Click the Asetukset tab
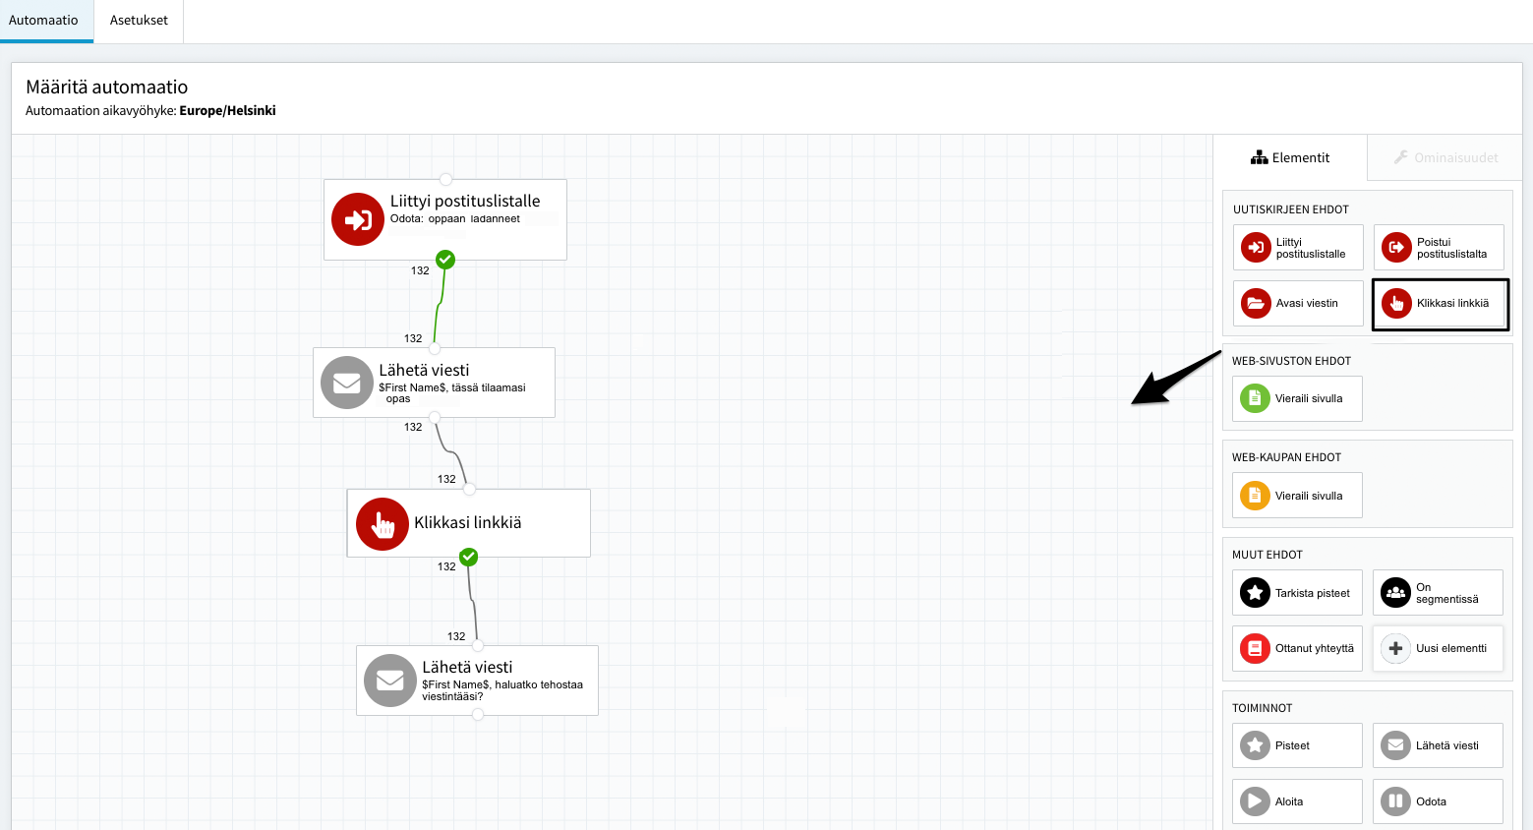pos(139,21)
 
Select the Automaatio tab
pos(43,21)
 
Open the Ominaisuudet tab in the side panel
pos(1445,157)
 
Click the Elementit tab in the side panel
pos(1290,157)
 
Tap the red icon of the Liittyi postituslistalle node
pos(357,219)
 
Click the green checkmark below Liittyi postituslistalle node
pos(445,260)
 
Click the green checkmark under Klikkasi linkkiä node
pos(469,557)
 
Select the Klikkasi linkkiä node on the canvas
pos(469,523)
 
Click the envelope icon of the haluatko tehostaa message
pos(390,681)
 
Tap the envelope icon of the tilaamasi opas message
pos(347,383)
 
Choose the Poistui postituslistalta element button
pos(1439,248)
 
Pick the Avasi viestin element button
pos(1298,303)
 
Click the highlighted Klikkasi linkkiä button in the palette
pos(1441,304)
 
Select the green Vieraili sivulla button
pos(1298,398)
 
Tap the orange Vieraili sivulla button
pos(1298,496)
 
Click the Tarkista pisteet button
pos(1298,593)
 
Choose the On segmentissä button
pos(1438,593)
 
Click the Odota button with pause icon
pos(1438,801)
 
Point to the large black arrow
pos(1176,378)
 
